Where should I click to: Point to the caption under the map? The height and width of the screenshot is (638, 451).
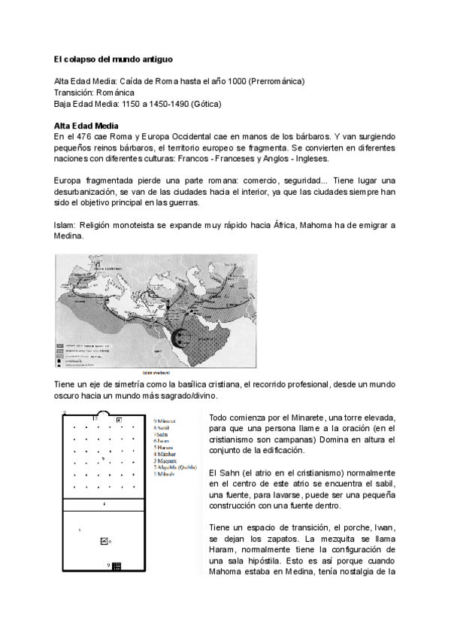(x=156, y=373)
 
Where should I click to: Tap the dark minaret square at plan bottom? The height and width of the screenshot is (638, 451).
(x=116, y=566)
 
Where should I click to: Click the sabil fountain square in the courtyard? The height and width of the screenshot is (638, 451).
(x=104, y=541)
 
